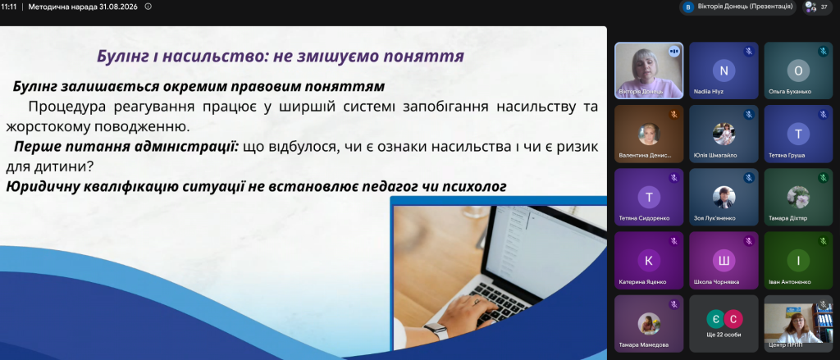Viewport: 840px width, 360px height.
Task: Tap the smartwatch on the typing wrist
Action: coord(436,330)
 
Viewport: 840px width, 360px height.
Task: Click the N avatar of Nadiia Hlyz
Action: coord(724,71)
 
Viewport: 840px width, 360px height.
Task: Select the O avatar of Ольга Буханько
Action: coord(798,71)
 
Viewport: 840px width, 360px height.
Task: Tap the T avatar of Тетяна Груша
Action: coord(798,134)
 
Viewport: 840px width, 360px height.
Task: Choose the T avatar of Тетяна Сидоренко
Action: coord(649,197)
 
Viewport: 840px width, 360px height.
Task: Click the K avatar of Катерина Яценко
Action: coord(649,260)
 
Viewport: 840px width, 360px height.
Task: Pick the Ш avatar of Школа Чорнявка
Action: coord(724,260)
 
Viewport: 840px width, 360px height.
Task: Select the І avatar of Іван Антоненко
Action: coord(798,260)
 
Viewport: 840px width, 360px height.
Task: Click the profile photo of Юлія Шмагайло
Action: coord(724,134)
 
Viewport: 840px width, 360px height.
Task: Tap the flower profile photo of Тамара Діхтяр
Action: coord(798,197)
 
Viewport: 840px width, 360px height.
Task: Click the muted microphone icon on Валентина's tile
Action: coord(674,114)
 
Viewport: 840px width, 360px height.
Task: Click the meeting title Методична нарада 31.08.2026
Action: coord(83,7)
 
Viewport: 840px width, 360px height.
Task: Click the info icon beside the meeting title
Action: coord(148,7)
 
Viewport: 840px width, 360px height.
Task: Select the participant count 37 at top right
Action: coord(824,7)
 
